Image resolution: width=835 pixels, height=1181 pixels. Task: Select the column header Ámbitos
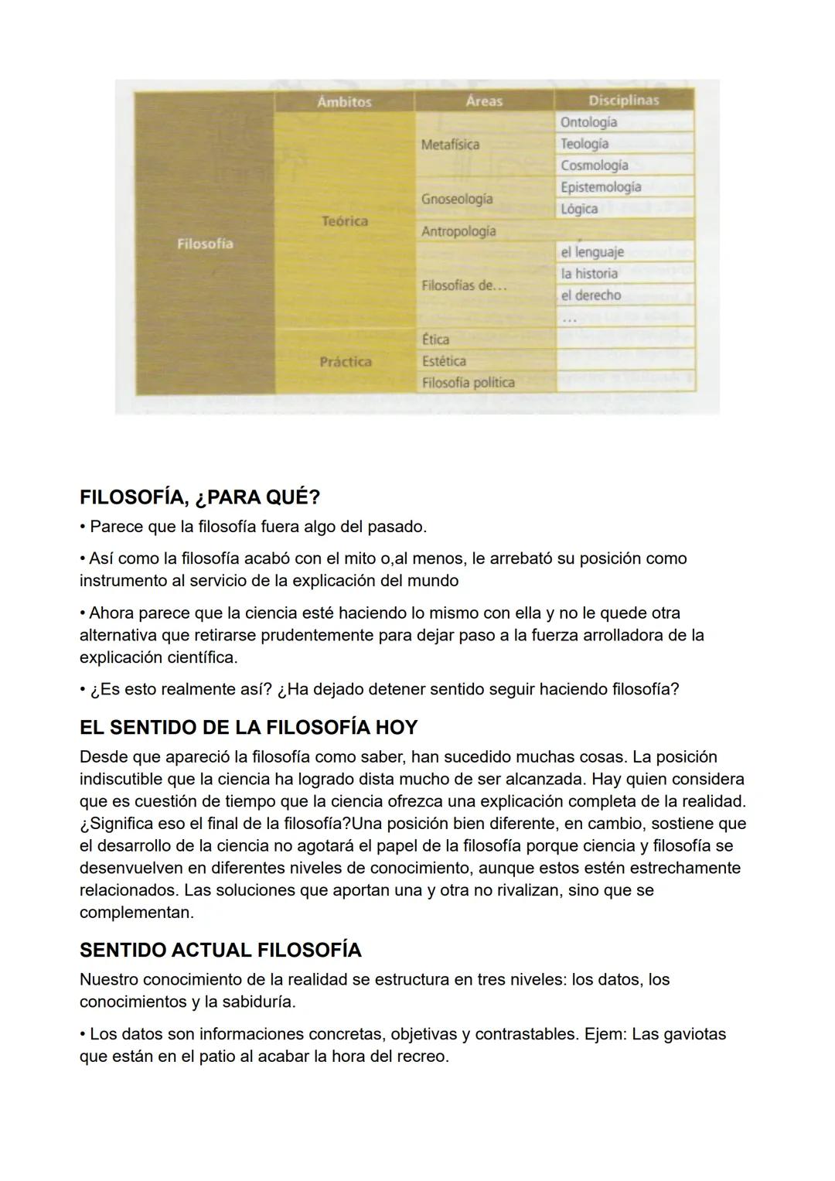pyautogui.click(x=344, y=101)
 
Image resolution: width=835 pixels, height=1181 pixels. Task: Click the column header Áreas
pyautogui.click(x=484, y=101)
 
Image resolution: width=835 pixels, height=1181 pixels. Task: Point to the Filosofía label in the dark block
pyautogui.click(x=205, y=244)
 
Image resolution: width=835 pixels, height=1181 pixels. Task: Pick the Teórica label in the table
pyautogui.click(x=345, y=221)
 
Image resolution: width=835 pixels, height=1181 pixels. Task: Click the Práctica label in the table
pyautogui.click(x=346, y=362)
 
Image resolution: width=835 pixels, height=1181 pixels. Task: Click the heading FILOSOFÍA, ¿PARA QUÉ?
pyautogui.click(x=199, y=497)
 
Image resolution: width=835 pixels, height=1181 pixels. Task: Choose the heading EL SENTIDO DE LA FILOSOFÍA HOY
pyautogui.click(x=248, y=728)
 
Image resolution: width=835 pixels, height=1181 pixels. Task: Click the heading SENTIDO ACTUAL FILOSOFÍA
pyautogui.click(x=220, y=950)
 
